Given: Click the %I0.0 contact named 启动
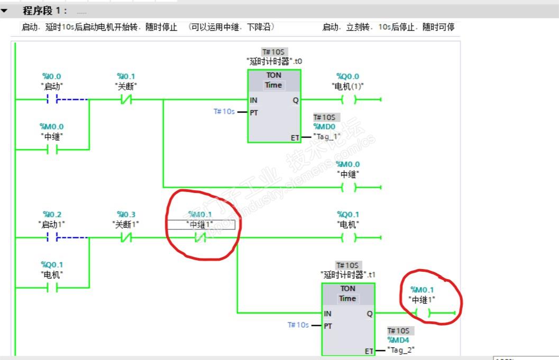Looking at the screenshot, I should (x=52, y=99).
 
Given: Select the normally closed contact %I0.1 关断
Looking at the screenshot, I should (x=126, y=99).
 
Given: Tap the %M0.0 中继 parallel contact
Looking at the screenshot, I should (x=52, y=150).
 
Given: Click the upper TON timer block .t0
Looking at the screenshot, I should (x=274, y=106).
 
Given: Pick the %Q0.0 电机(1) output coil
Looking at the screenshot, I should (x=349, y=99).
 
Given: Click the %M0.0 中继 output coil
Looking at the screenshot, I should (x=349, y=187).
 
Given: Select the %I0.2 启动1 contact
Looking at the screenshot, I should (x=52, y=238).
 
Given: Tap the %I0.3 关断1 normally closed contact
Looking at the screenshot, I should (x=126, y=238).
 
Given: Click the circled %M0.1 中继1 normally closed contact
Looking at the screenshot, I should (x=200, y=238).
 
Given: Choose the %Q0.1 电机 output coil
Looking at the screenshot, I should (x=349, y=238).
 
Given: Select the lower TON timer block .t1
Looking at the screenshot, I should (x=348, y=319).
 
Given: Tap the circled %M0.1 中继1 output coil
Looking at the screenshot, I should (x=423, y=313).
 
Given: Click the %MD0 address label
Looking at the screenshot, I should (x=324, y=127).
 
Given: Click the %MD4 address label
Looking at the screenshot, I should (x=398, y=340).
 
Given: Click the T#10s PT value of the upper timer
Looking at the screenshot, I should (x=224, y=112).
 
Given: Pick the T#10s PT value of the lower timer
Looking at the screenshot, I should (x=298, y=325).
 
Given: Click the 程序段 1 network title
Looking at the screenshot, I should (x=44, y=11).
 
